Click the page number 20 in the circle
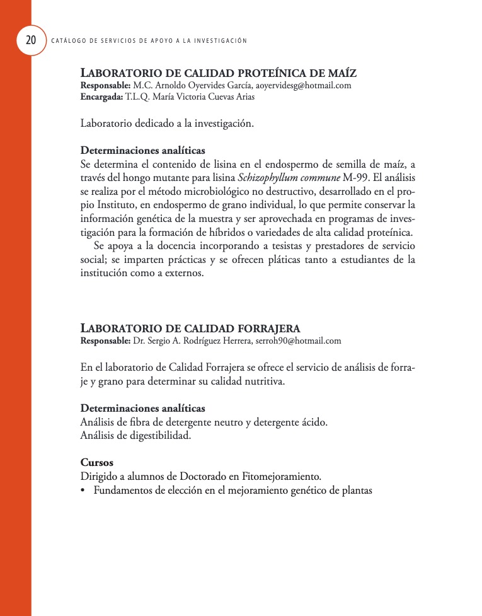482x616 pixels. pyautogui.click(x=30, y=40)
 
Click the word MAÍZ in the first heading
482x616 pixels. pyautogui.click(x=343, y=73)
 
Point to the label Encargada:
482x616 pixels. pyautogui.click(x=101, y=97)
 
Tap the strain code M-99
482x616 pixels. pyautogui.click(x=357, y=177)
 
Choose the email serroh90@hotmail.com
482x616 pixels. pyautogui.click(x=298, y=340)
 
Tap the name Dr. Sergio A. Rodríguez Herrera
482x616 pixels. pyautogui.click(x=192, y=340)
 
